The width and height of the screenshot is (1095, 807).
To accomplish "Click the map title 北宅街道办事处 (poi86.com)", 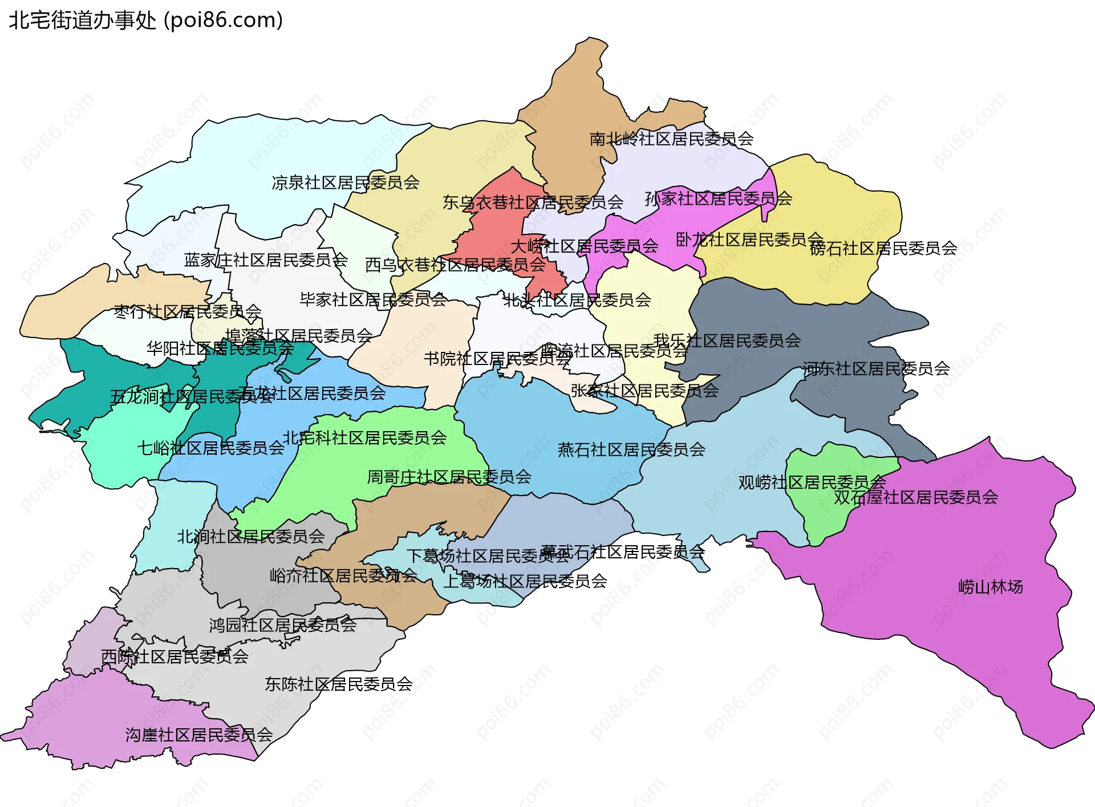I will (145, 21).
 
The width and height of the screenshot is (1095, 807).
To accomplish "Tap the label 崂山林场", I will (990, 587).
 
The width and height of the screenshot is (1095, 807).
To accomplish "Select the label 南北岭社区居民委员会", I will (671, 139).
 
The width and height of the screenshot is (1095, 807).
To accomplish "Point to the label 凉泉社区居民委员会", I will (346, 183).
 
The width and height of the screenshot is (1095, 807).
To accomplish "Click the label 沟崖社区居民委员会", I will (199, 735).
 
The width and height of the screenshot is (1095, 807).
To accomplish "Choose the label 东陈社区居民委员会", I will (338, 684).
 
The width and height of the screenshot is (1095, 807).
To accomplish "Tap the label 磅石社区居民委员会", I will (883, 248).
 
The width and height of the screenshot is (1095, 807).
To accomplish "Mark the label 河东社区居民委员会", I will (876, 368).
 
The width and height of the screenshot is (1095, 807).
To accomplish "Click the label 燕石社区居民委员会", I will (631, 449).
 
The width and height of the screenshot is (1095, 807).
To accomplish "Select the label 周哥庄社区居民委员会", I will (449, 476).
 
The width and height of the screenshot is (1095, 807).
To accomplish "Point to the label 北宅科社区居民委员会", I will (364, 437).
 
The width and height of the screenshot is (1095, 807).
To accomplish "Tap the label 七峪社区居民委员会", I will (210, 448).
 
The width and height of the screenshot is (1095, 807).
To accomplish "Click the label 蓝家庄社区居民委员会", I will (266, 260).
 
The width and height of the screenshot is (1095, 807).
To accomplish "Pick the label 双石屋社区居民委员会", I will (916, 497).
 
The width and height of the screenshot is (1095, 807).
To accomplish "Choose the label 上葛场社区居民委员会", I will (525, 581).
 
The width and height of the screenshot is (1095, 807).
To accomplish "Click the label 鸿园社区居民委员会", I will (282, 625).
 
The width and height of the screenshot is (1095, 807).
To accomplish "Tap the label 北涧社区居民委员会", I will (250, 536).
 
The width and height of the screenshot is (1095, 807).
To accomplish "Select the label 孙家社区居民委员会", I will (718, 198).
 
